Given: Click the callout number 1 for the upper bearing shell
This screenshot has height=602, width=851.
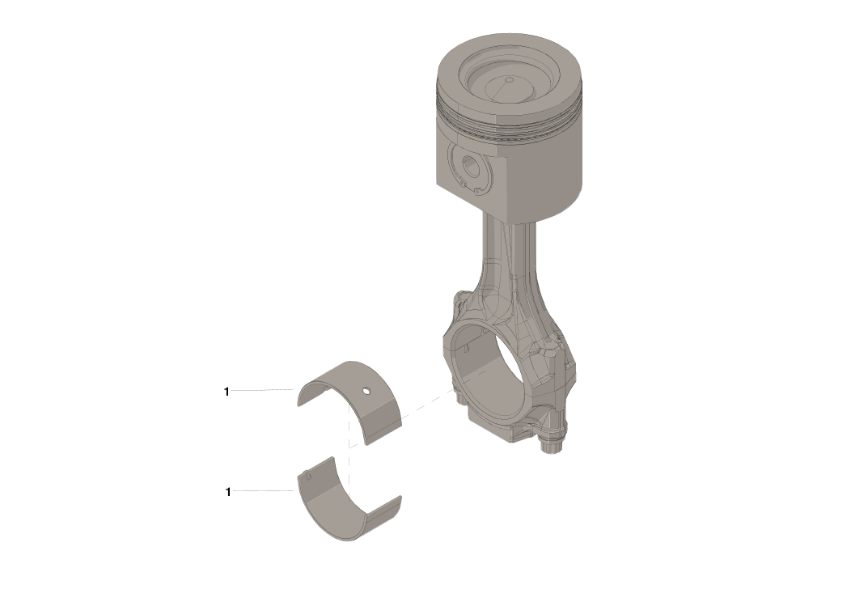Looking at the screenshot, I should coord(227,392).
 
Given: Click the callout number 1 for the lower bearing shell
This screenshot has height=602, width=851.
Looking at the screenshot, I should coord(228,492).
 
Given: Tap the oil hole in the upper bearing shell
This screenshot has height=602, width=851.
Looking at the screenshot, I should coord(366,392).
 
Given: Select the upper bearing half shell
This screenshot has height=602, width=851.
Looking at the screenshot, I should coord(356,405).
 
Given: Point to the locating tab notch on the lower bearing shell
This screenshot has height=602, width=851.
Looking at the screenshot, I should coord(307,476).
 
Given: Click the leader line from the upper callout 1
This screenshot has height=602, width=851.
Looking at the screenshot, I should coord(263,391).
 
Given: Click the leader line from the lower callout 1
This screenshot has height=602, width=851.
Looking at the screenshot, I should coord(263,491).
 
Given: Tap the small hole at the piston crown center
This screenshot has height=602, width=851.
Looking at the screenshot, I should coord(508,80).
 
